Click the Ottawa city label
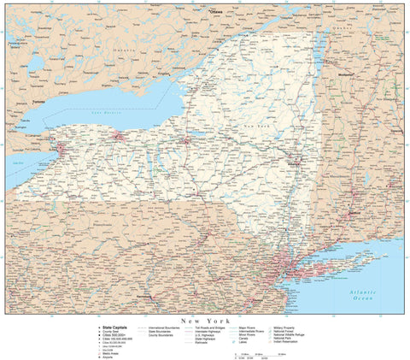point(217,14)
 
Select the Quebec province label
point(342,26)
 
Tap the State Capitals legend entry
point(117,327)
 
